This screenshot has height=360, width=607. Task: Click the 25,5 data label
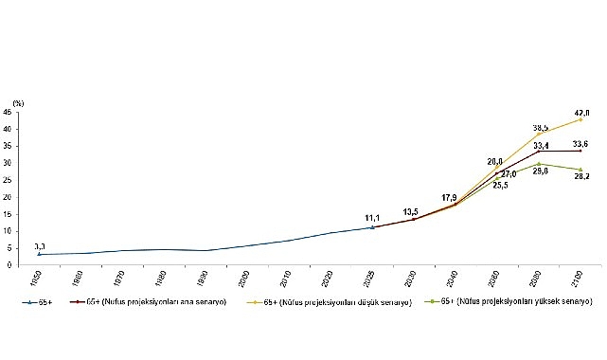[498, 185]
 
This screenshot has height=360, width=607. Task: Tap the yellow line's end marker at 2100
[580, 119]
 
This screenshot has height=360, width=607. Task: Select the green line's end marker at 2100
[580, 170]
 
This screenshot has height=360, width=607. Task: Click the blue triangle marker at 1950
[39, 254]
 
